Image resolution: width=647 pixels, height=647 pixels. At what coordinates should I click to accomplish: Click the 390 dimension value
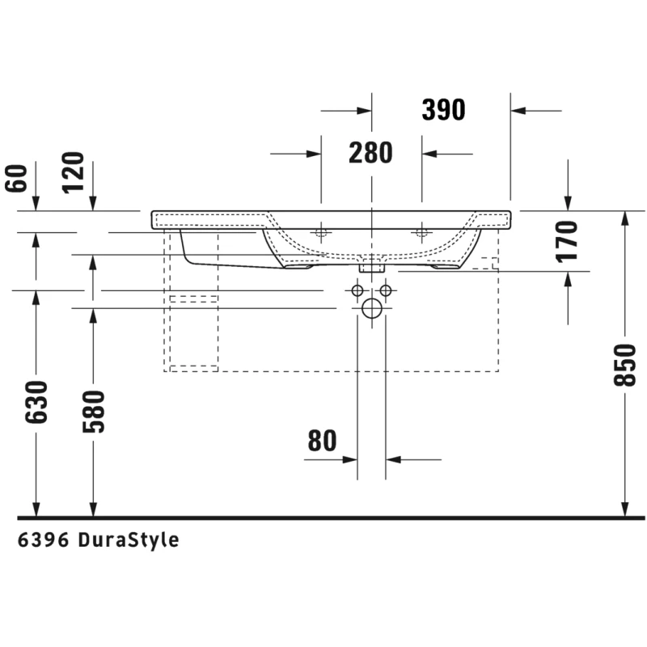point(443,110)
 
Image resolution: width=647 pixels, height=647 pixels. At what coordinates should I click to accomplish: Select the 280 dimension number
point(370,153)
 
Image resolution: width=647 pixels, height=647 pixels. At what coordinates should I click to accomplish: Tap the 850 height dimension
point(625,366)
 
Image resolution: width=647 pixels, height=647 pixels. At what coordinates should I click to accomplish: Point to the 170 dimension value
point(567,242)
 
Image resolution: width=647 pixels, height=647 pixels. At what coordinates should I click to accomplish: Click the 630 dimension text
point(36,402)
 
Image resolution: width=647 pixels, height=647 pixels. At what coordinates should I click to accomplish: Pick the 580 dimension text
point(94,412)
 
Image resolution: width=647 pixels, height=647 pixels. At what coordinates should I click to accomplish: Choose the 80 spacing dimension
point(322,441)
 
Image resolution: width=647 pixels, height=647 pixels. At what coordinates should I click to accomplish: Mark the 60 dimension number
point(16,178)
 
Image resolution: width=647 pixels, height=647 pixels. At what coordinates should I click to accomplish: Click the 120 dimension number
point(73,172)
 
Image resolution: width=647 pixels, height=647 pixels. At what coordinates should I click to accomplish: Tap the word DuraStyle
point(129,540)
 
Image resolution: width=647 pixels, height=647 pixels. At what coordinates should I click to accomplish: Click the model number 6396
point(43,540)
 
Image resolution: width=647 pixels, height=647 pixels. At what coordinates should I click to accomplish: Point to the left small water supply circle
point(357,290)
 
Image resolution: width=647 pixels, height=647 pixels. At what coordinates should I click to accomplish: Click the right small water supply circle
point(386,290)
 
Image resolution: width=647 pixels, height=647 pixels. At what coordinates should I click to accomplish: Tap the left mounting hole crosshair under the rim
point(321,233)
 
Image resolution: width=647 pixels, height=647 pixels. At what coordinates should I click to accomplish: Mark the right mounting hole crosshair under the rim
point(421,233)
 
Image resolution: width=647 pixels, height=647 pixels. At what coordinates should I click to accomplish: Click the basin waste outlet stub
point(372,268)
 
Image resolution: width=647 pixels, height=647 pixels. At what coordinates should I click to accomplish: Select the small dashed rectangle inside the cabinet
point(193,298)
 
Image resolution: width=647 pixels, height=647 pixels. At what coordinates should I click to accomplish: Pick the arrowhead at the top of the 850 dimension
point(625,218)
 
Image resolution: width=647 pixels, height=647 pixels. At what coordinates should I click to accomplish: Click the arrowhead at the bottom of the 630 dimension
point(36,510)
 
